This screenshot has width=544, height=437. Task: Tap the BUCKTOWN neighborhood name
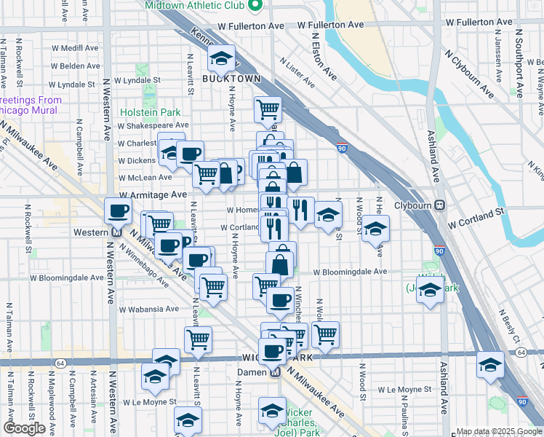231,78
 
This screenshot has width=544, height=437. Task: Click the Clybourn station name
414,205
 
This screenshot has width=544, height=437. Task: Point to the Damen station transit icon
275,371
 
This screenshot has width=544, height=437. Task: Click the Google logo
24,428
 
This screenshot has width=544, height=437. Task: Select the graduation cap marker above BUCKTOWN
221,58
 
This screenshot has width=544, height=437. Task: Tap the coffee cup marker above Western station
118,211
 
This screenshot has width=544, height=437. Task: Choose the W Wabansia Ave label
149,309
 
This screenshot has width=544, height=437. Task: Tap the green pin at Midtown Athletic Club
255,6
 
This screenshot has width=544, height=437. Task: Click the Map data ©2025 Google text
498,431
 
